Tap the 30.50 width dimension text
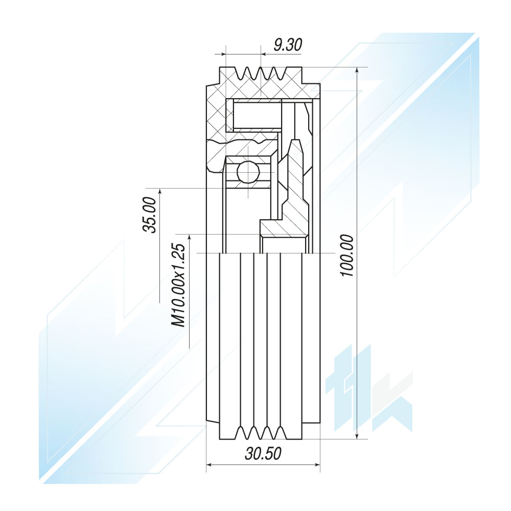click(x=263, y=453)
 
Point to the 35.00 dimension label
click(x=150, y=215)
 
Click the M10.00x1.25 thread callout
click(x=178, y=285)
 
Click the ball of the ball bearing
click(x=248, y=171)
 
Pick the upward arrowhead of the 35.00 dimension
click(x=159, y=192)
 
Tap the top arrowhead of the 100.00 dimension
click(x=358, y=72)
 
